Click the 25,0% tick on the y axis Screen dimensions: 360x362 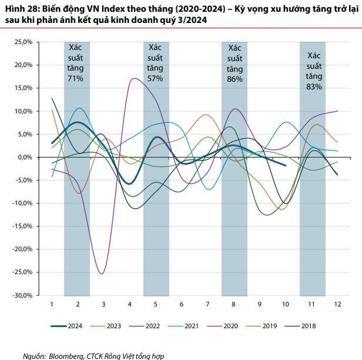click(25, 42)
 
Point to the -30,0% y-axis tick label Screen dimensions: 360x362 click(24, 295)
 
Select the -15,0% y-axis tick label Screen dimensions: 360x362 click(24, 226)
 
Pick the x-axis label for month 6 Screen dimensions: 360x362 click(182, 304)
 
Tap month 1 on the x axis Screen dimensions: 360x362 click(52, 304)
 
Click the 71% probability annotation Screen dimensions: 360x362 click(76, 78)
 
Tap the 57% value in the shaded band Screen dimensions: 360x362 click(156, 78)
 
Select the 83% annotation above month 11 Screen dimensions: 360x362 click(313, 86)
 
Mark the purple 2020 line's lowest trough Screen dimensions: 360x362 click(102, 274)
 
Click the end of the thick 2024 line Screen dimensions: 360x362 click(286, 166)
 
